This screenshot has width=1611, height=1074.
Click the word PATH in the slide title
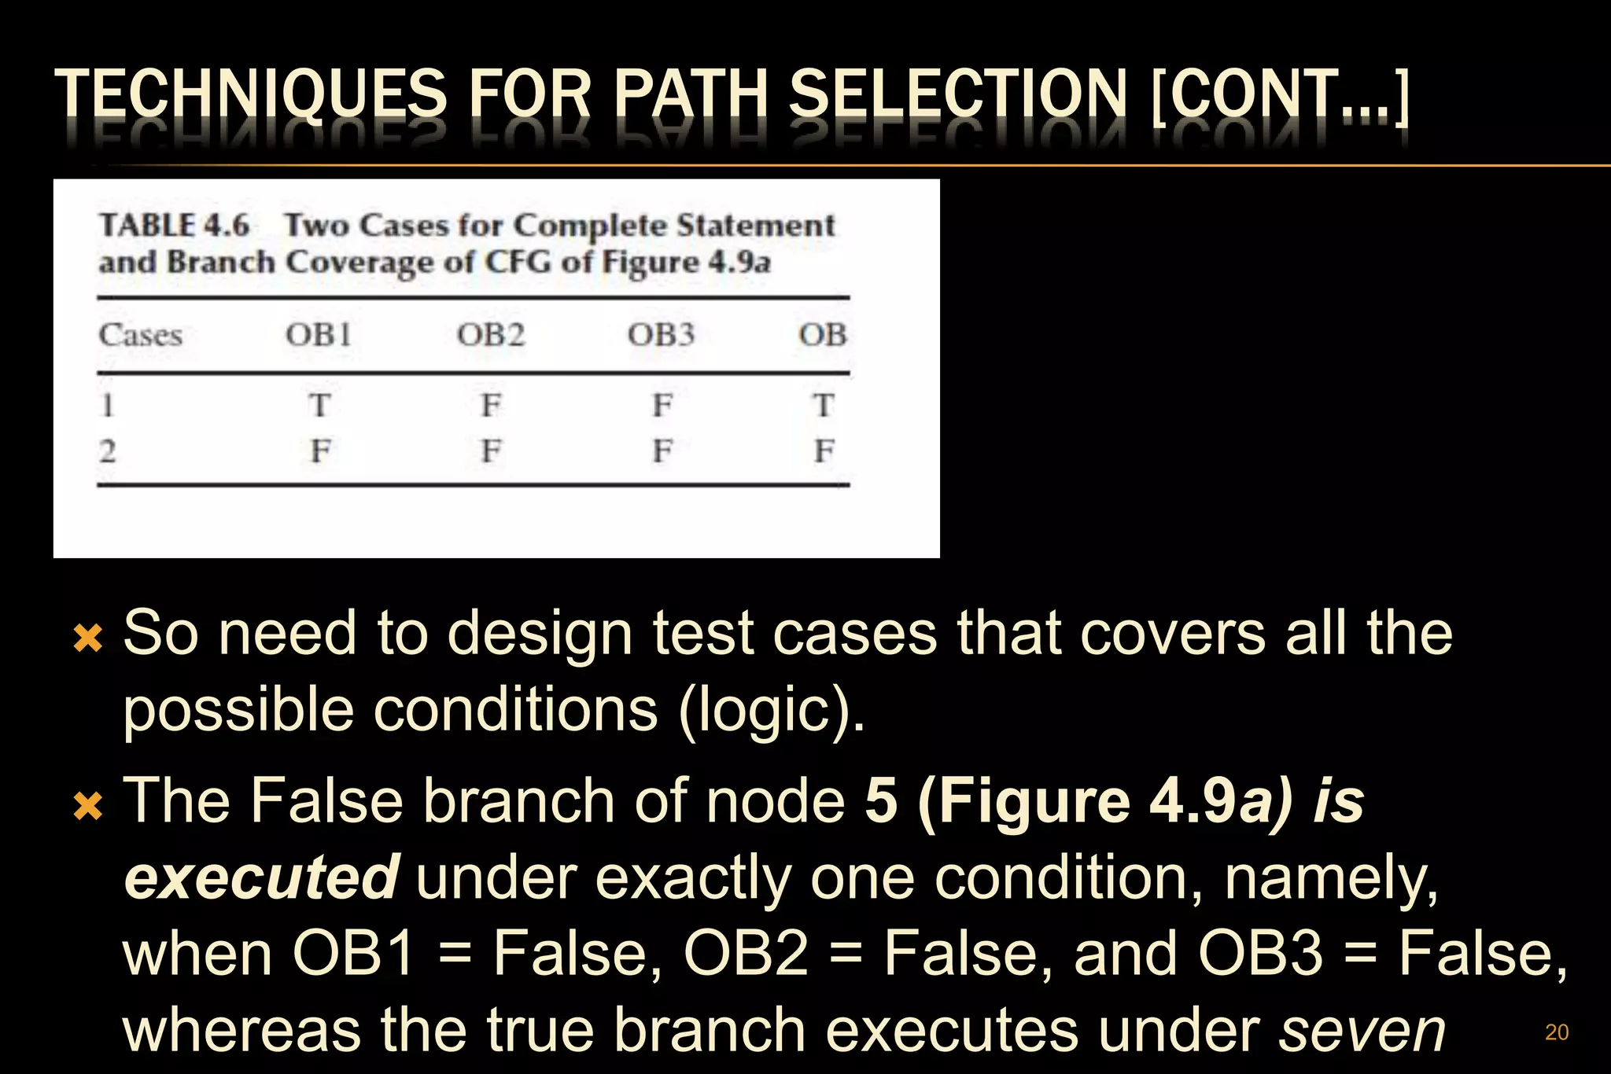point(690,94)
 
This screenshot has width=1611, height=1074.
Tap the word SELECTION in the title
point(958,94)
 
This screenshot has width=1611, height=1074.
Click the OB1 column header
point(319,335)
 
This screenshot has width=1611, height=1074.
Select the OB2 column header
point(491,335)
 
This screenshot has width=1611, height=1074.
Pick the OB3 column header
point(661,335)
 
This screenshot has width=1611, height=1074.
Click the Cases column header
point(141,335)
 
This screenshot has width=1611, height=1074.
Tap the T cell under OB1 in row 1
point(319,406)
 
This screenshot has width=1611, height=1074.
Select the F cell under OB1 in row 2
point(319,451)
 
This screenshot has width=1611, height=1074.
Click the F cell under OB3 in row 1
point(662,406)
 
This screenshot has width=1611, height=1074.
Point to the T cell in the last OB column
point(823,406)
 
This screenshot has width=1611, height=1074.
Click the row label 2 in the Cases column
point(108,451)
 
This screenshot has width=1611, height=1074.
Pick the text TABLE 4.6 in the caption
point(174,226)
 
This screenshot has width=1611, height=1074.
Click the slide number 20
point(1557,1032)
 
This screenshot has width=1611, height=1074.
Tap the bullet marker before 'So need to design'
point(87,638)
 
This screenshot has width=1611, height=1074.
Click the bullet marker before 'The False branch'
point(87,806)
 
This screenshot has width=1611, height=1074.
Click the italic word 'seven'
point(1362,1030)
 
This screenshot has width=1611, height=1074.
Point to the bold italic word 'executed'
point(262,877)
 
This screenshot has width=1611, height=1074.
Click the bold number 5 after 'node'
point(881,801)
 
